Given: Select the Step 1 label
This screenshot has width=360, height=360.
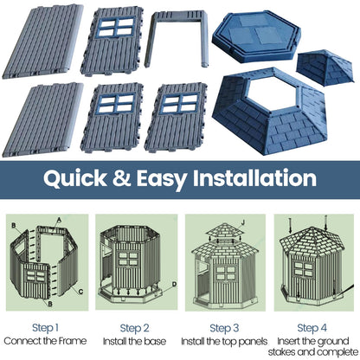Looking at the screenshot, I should click(x=46, y=328).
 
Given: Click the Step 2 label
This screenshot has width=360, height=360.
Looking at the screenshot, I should click(x=136, y=328).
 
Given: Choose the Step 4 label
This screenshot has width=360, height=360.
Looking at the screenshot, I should click(x=313, y=328).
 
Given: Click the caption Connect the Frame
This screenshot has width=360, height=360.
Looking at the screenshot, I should click(x=46, y=342).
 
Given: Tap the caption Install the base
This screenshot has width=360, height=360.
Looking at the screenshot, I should click(x=136, y=342).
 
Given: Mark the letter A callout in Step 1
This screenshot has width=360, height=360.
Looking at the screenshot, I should click(x=58, y=220).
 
